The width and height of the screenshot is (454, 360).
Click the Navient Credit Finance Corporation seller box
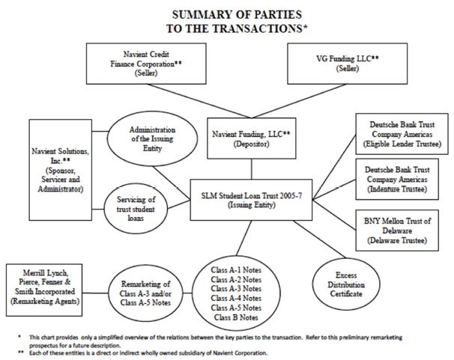(x=146, y=64)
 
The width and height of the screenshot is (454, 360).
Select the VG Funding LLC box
(x=348, y=64)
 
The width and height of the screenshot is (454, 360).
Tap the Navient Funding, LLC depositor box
(x=252, y=138)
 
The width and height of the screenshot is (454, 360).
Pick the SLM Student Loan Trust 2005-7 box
(x=251, y=200)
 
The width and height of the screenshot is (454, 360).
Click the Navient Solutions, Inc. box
(x=61, y=170)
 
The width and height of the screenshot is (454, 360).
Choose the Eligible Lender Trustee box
(x=402, y=134)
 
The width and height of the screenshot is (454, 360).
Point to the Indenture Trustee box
(x=397, y=180)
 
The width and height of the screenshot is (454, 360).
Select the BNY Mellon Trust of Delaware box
(x=397, y=231)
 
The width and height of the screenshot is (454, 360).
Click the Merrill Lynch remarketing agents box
(x=44, y=290)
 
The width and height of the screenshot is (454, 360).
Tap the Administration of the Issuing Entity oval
(x=153, y=138)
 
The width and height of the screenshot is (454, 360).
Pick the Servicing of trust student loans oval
(x=136, y=209)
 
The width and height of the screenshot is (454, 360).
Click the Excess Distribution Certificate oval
(x=346, y=284)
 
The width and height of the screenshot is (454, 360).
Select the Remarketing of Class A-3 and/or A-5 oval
(x=145, y=293)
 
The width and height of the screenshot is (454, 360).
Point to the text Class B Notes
(x=236, y=317)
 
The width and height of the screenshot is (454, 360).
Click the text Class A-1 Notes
(x=236, y=270)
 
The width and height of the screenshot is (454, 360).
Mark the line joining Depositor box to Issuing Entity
(x=251, y=169)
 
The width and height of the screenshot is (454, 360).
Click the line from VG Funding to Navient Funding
(x=299, y=101)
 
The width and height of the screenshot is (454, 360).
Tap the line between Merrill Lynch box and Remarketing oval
(x=95, y=293)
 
